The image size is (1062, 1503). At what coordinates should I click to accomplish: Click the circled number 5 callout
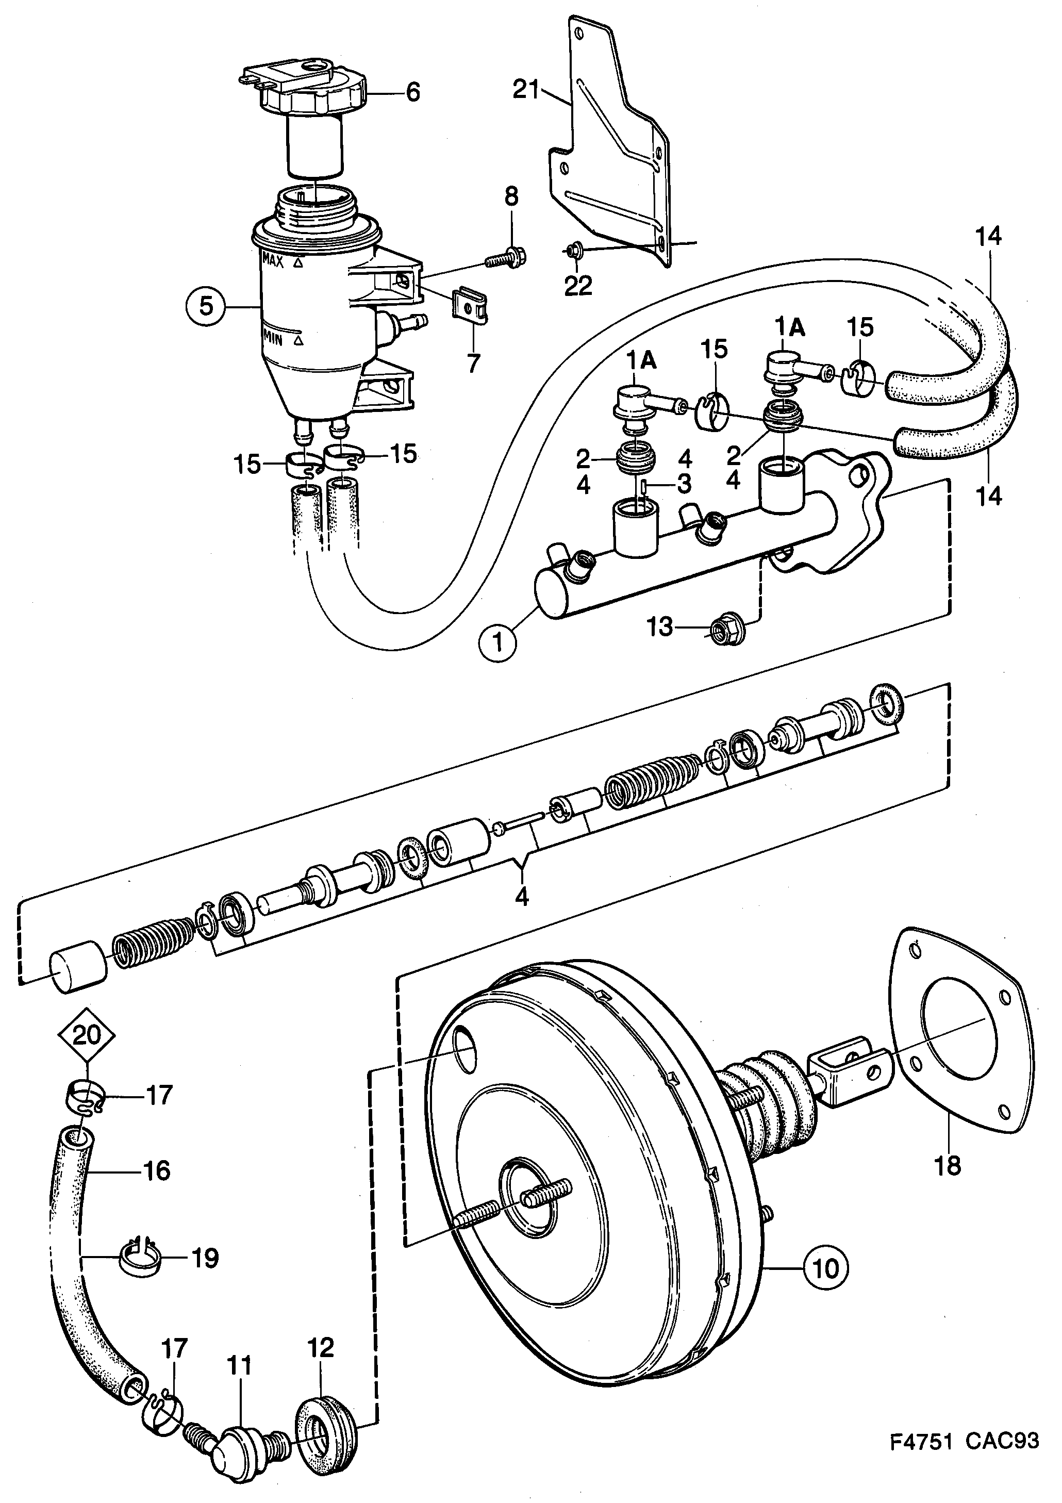click(x=206, y=306)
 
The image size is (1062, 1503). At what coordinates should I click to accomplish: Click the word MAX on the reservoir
click(x=273, y=260)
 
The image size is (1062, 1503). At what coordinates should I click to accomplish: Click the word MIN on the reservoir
click(x=273, y=340)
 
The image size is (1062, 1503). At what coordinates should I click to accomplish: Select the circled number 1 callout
click(x=499, y=642)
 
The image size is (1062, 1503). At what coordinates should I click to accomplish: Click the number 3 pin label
click(x=684, y=485)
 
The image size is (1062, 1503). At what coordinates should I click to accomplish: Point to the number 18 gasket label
click(x=948, y=1165)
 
